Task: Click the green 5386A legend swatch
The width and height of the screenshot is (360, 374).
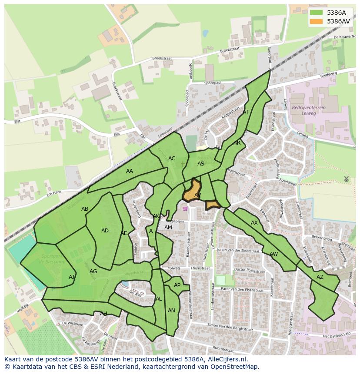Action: coord(316,13)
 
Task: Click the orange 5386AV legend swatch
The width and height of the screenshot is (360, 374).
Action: coord(316,21)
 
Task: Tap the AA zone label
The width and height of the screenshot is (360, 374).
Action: coord(130,171)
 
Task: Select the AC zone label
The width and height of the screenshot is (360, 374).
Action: coord(172,159)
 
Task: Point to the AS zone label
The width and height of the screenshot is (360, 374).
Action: coord(201,164)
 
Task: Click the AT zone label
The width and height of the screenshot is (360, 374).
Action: coord(246,112)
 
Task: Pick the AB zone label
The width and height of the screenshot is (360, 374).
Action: coord(85,209)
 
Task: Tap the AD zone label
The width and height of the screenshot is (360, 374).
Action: coord(105,231)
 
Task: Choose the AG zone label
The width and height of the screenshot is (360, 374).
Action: coord(93,271)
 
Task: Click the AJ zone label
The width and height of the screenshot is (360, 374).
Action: coord(72,277)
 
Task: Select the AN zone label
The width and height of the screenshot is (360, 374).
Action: coord(171,311)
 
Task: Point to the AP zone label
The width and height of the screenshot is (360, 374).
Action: coord(177,285)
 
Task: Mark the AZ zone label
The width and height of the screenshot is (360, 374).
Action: coord(320,277)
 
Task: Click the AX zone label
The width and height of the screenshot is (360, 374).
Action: coord(254,223)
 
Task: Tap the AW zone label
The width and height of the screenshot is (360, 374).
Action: coord(273,254)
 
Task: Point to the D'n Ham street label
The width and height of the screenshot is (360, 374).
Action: coord(54,193)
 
